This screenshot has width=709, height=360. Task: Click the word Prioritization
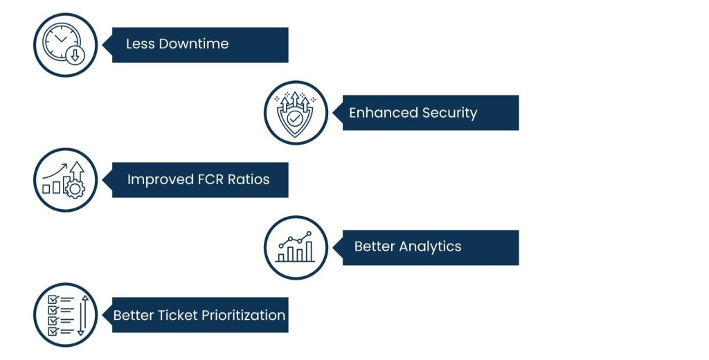[x=244, y=316]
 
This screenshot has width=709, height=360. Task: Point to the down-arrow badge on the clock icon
[x=75, y=56]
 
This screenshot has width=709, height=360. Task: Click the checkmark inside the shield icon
[x=296, y=119]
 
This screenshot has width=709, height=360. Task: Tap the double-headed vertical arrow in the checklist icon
[x=81, y=315]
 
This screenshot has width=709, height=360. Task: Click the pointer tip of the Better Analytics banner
[x=334, y=247]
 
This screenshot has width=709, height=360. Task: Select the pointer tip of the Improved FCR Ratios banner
[x=103, y=180]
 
